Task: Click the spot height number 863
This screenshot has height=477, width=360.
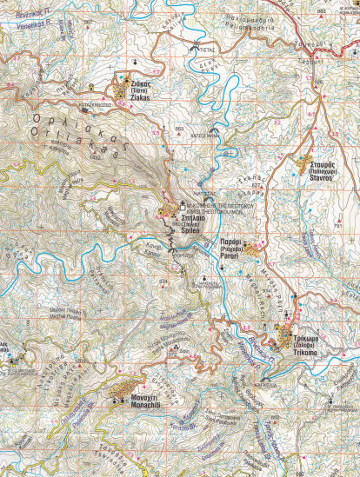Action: (x=179, y=129)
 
